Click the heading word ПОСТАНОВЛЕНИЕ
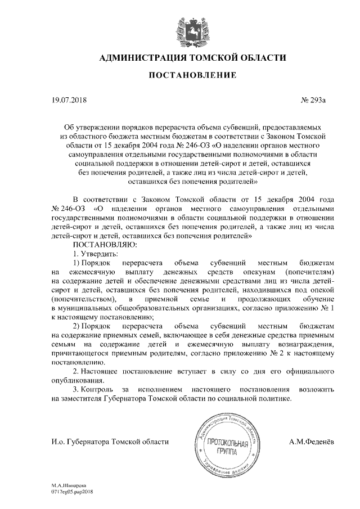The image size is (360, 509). pos(181,76)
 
